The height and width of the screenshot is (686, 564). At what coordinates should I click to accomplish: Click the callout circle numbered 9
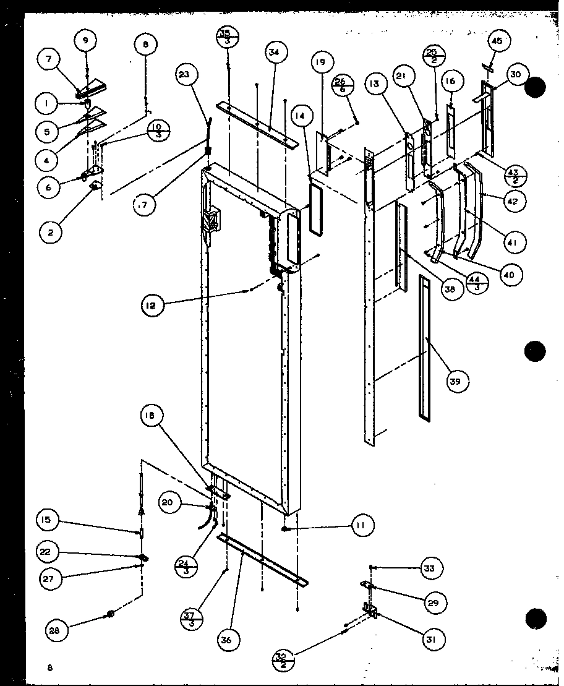click(85, 41)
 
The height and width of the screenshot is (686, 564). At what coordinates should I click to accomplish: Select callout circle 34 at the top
click(274, 53)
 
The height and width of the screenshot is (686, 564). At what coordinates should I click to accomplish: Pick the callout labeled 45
click(497, 41)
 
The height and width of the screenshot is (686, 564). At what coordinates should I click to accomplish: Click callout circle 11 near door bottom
click(361, 526)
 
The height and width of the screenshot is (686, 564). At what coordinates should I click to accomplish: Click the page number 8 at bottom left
click(49, 667)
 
